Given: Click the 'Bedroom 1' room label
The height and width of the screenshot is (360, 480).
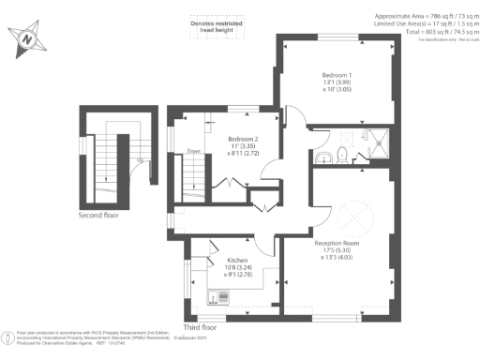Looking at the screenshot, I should tap(337, 74).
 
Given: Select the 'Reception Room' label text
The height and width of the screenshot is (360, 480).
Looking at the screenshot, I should tap(337, 242).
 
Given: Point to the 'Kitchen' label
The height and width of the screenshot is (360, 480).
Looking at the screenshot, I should tap(237, 260).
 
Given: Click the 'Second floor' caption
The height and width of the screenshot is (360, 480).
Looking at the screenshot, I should tap(98, 215).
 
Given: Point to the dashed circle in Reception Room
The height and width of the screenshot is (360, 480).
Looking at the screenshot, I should tap(355, 218).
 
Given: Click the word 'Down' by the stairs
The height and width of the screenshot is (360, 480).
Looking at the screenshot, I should tap(193, 150).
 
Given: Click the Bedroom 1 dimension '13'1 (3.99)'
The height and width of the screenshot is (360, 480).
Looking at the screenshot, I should tap(337, 82).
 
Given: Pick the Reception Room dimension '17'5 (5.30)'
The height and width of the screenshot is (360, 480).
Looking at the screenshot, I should tap(337, 250).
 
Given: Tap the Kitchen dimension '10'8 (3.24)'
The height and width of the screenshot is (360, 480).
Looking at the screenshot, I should tap(237, 267).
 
